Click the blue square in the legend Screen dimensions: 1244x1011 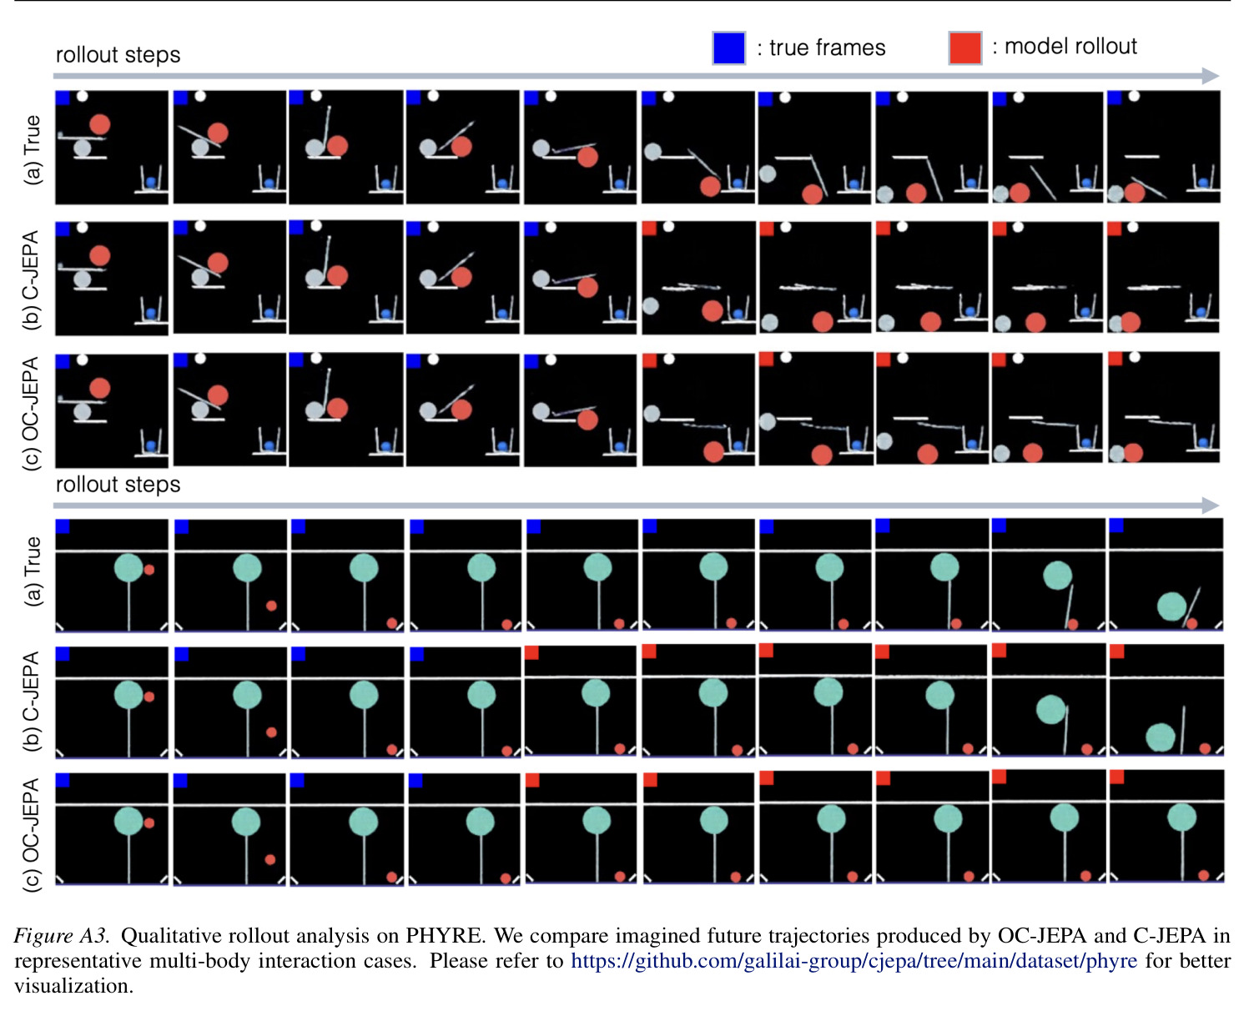pos(729,48)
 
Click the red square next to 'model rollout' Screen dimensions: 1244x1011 pos(964,48)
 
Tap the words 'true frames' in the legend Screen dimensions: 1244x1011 pos(827,48)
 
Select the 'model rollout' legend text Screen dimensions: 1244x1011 pos(1070,46)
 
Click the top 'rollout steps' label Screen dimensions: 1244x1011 pos(118,55)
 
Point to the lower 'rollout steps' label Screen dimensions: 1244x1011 pos(118,485)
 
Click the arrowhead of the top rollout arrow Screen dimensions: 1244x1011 pos(1210,76)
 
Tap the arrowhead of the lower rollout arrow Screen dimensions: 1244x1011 pos(1210,505)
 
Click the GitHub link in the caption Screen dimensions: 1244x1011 pos(854,960)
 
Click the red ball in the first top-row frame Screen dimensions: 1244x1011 pos(100,124)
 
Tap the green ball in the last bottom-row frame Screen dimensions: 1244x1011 pos(1181,816)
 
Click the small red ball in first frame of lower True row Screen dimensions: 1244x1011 pos(149,570)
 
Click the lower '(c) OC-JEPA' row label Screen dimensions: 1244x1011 pos(32,835)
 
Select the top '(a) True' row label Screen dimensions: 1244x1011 pos(32,150)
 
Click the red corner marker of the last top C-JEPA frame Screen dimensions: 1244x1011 pos(1115,229)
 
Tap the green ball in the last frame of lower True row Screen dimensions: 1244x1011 pos(1171,606)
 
